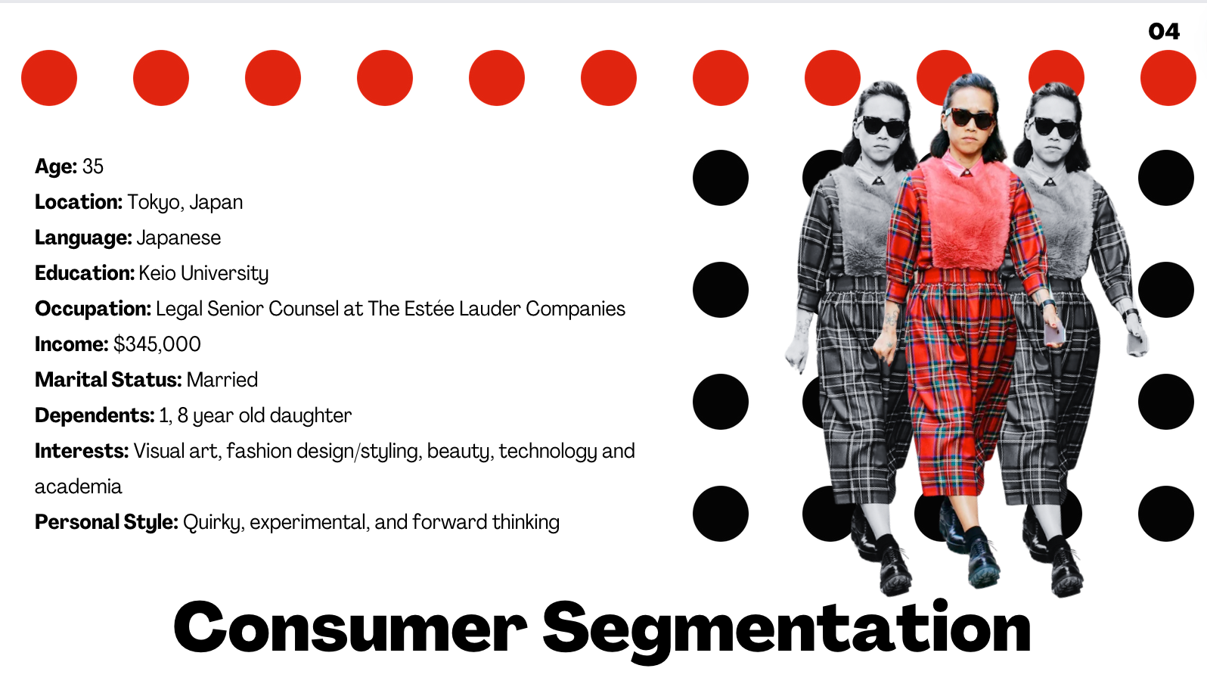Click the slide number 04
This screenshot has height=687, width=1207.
(x=1164, y=31)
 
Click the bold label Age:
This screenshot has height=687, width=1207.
(x=56, y=166)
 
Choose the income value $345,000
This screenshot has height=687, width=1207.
(x=157, y=344)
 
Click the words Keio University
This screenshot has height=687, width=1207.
(x=203, y=273)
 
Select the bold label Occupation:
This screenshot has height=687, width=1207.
(x=93, y=309)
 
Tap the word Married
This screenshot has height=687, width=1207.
(x=222, y=380)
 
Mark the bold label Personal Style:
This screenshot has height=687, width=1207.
(x=106, y=522)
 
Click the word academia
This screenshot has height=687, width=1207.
(x=78, y=487)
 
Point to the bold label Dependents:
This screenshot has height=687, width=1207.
(x=95, y=416)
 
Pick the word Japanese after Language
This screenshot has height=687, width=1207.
(x=178, y=238)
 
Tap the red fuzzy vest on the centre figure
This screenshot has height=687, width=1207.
(x=967, y=213)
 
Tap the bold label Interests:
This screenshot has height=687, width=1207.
(x=82, y=452)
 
